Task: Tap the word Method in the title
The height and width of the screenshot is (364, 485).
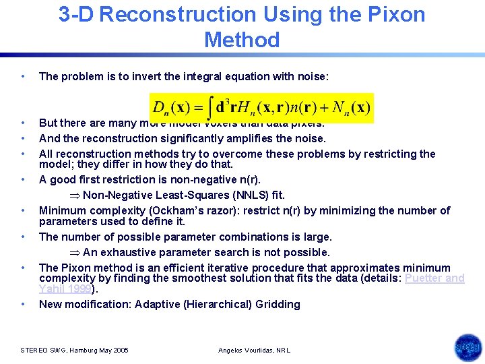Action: tap(242, 40)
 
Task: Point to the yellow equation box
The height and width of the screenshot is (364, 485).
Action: tap(261, 108)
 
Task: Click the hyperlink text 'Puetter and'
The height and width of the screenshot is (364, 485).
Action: tap(434, 278)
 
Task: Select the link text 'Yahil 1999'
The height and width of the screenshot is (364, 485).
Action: tap(65, 289)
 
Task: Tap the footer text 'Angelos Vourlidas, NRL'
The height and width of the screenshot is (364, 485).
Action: tap(255, 351)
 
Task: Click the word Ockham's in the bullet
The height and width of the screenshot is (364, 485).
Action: tap(186, 210)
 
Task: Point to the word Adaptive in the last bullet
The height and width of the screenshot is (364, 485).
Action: tap(160, 304)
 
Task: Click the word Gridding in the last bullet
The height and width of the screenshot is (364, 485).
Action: tap(278, 304)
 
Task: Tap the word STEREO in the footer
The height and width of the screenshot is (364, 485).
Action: tap(34, 351)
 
